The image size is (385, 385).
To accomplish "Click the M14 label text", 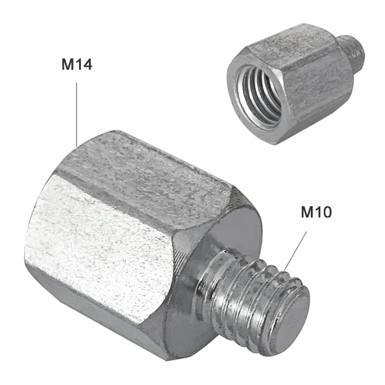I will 77,64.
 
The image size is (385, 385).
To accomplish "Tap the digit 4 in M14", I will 87,64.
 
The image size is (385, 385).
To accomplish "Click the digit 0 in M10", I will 326,212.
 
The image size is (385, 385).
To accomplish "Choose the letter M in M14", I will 67,64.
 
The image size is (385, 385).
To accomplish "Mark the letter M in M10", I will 307,212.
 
